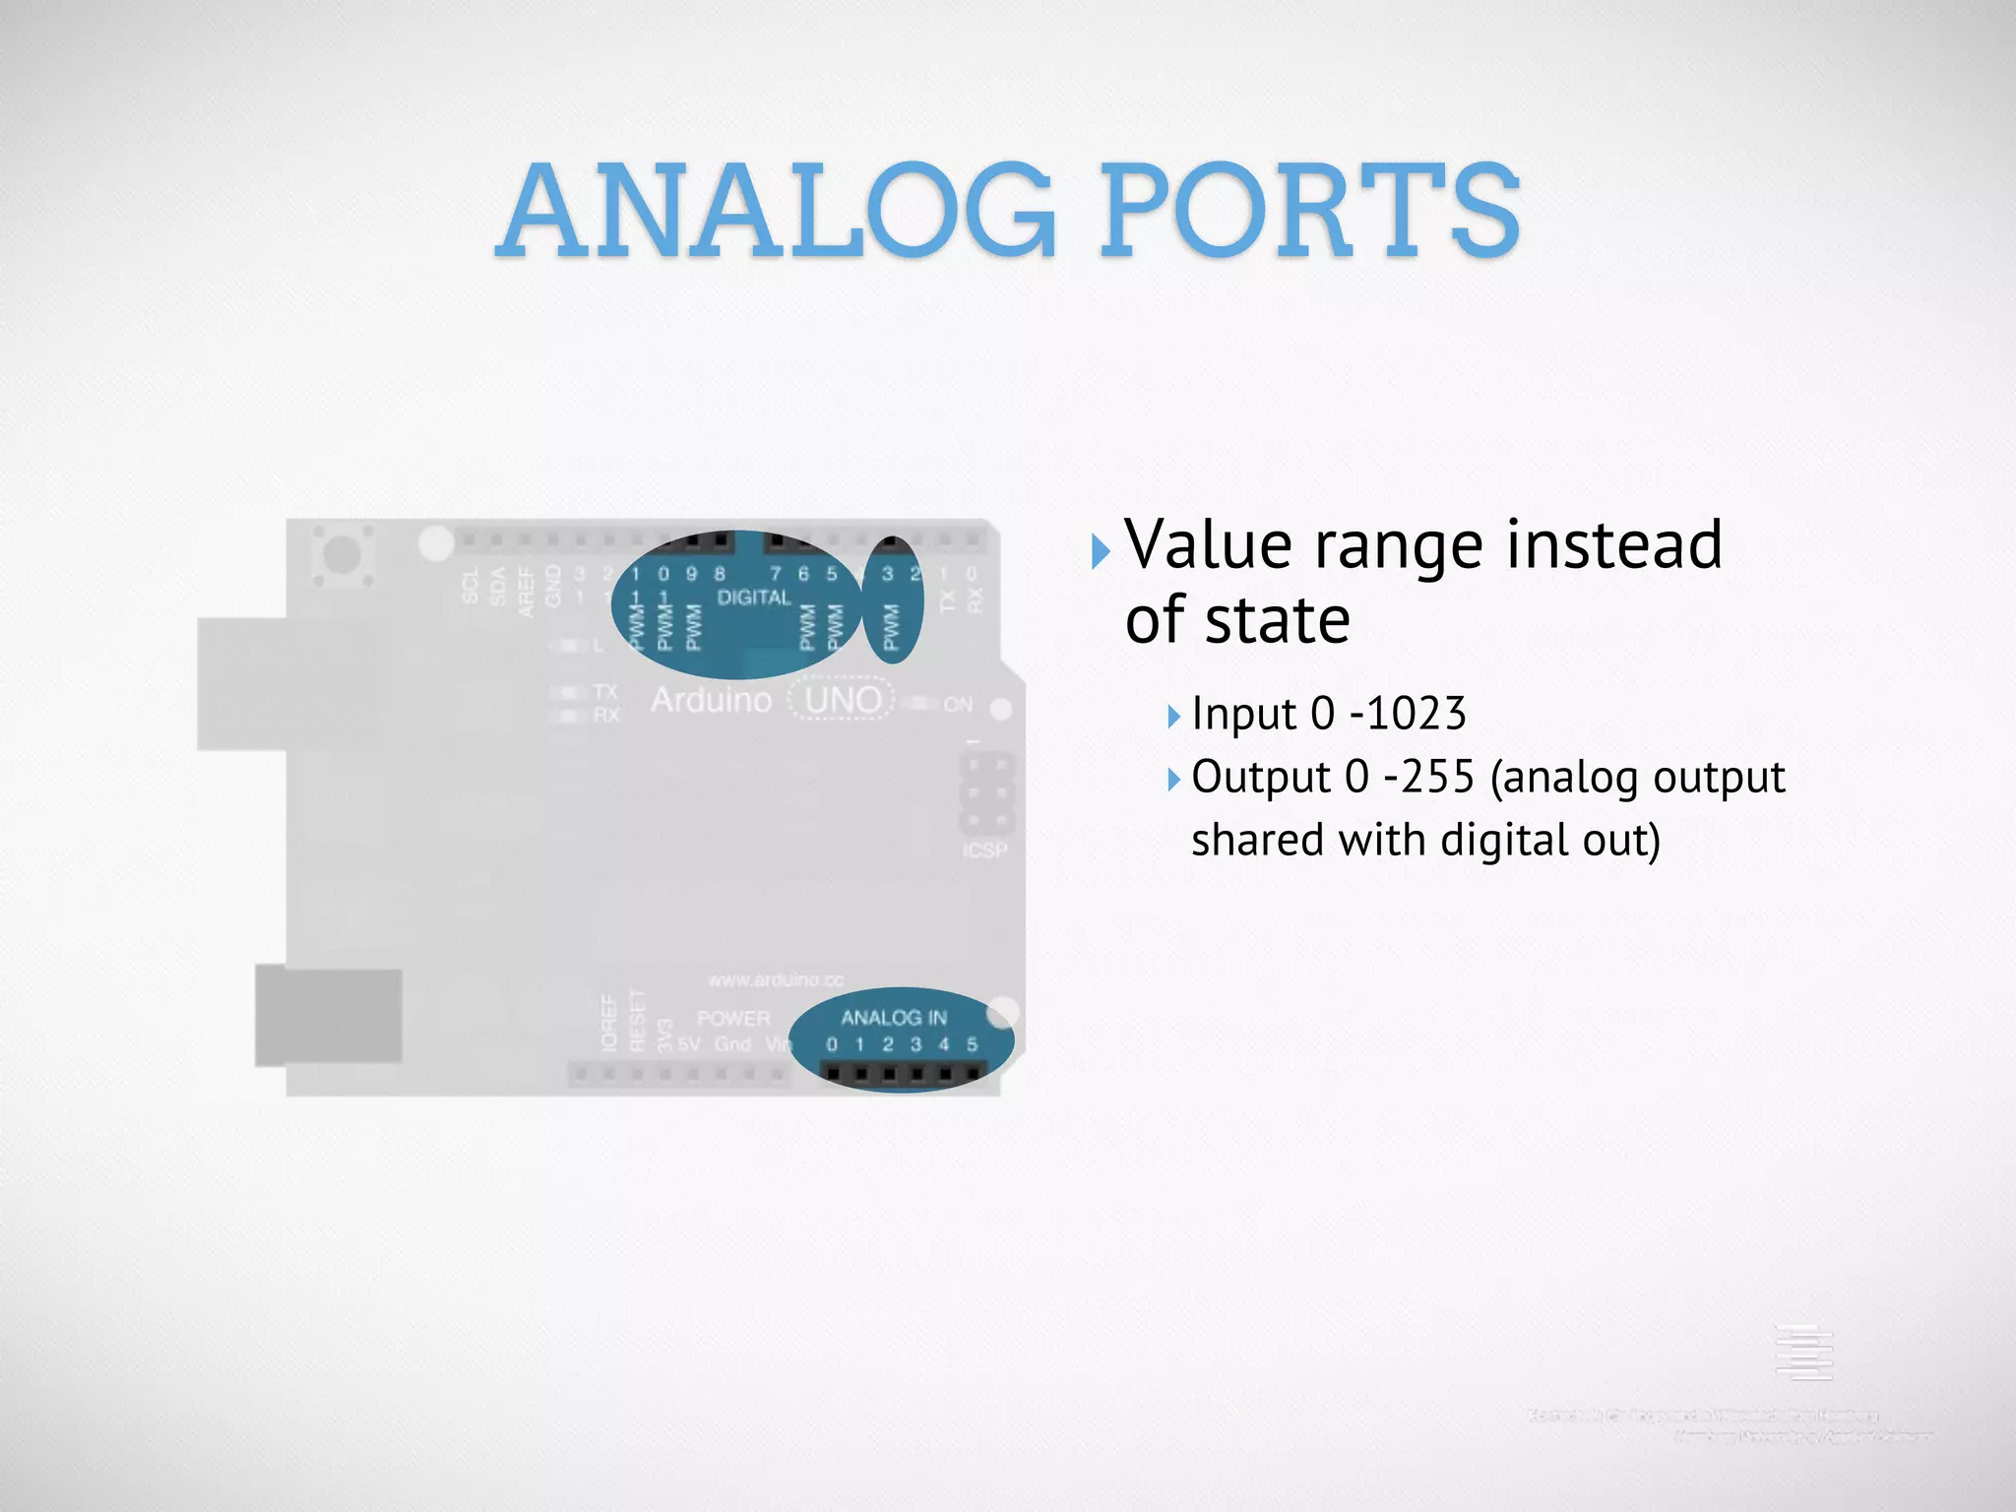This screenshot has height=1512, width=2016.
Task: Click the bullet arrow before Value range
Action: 1100,552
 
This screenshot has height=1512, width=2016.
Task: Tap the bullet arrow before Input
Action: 1172,717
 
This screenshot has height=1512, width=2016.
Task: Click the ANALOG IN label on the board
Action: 893,1018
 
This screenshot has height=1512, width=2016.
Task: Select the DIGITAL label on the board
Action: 754,598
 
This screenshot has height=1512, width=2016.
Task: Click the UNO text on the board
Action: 843,700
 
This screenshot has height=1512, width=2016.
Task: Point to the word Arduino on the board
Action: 711,700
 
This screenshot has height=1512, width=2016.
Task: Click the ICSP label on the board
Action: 984,850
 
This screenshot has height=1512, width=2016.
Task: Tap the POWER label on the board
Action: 733,1018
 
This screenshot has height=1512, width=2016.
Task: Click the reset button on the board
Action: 342,553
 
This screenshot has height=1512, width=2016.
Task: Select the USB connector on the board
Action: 242,684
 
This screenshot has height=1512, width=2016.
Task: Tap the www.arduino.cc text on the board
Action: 776,980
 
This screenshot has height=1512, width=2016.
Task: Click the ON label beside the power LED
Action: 958,704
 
